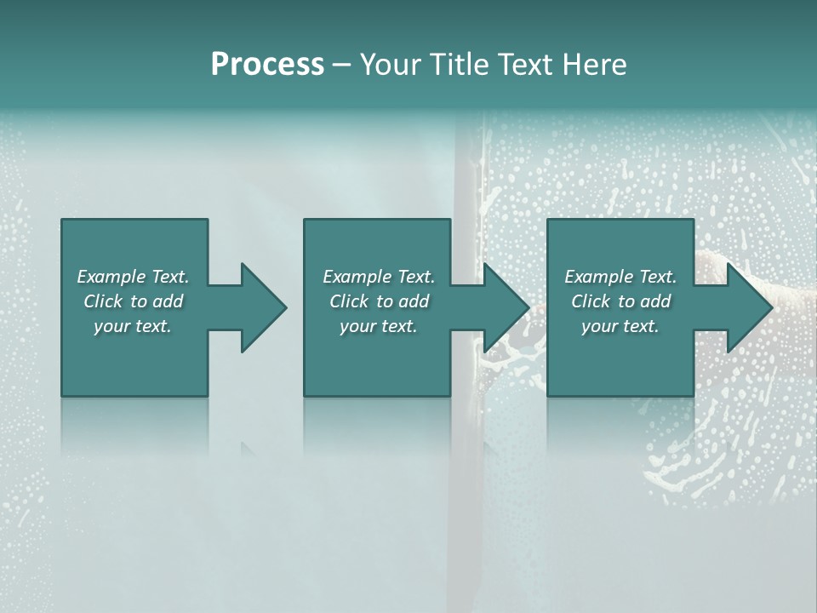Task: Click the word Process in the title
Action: pyautogui.click(x=267, y=65)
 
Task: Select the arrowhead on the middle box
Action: pyautogui.click(x=504, y=307)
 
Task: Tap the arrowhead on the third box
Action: pyautogui.click(x=747, y=307)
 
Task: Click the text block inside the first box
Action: pyautogui.click(x=133, y=301)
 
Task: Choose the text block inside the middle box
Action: pyautogui.click(x=378, y=301)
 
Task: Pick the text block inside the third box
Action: pyautogui.click(x=620, y=301)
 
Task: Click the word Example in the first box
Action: pyautogui.click(x=111, y=277)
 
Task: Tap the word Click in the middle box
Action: pyautogui.click(x=348, y=301)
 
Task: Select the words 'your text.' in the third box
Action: pyautogui.click(x=620, y=326)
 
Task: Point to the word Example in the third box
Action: pyautogui.click(x=598, y=277)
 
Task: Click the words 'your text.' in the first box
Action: pyautogui.click(x=133, y=326)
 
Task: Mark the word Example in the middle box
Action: pyautogui.click(x=357, y=277)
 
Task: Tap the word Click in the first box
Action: pyautogui.click(x=102, y=301)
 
